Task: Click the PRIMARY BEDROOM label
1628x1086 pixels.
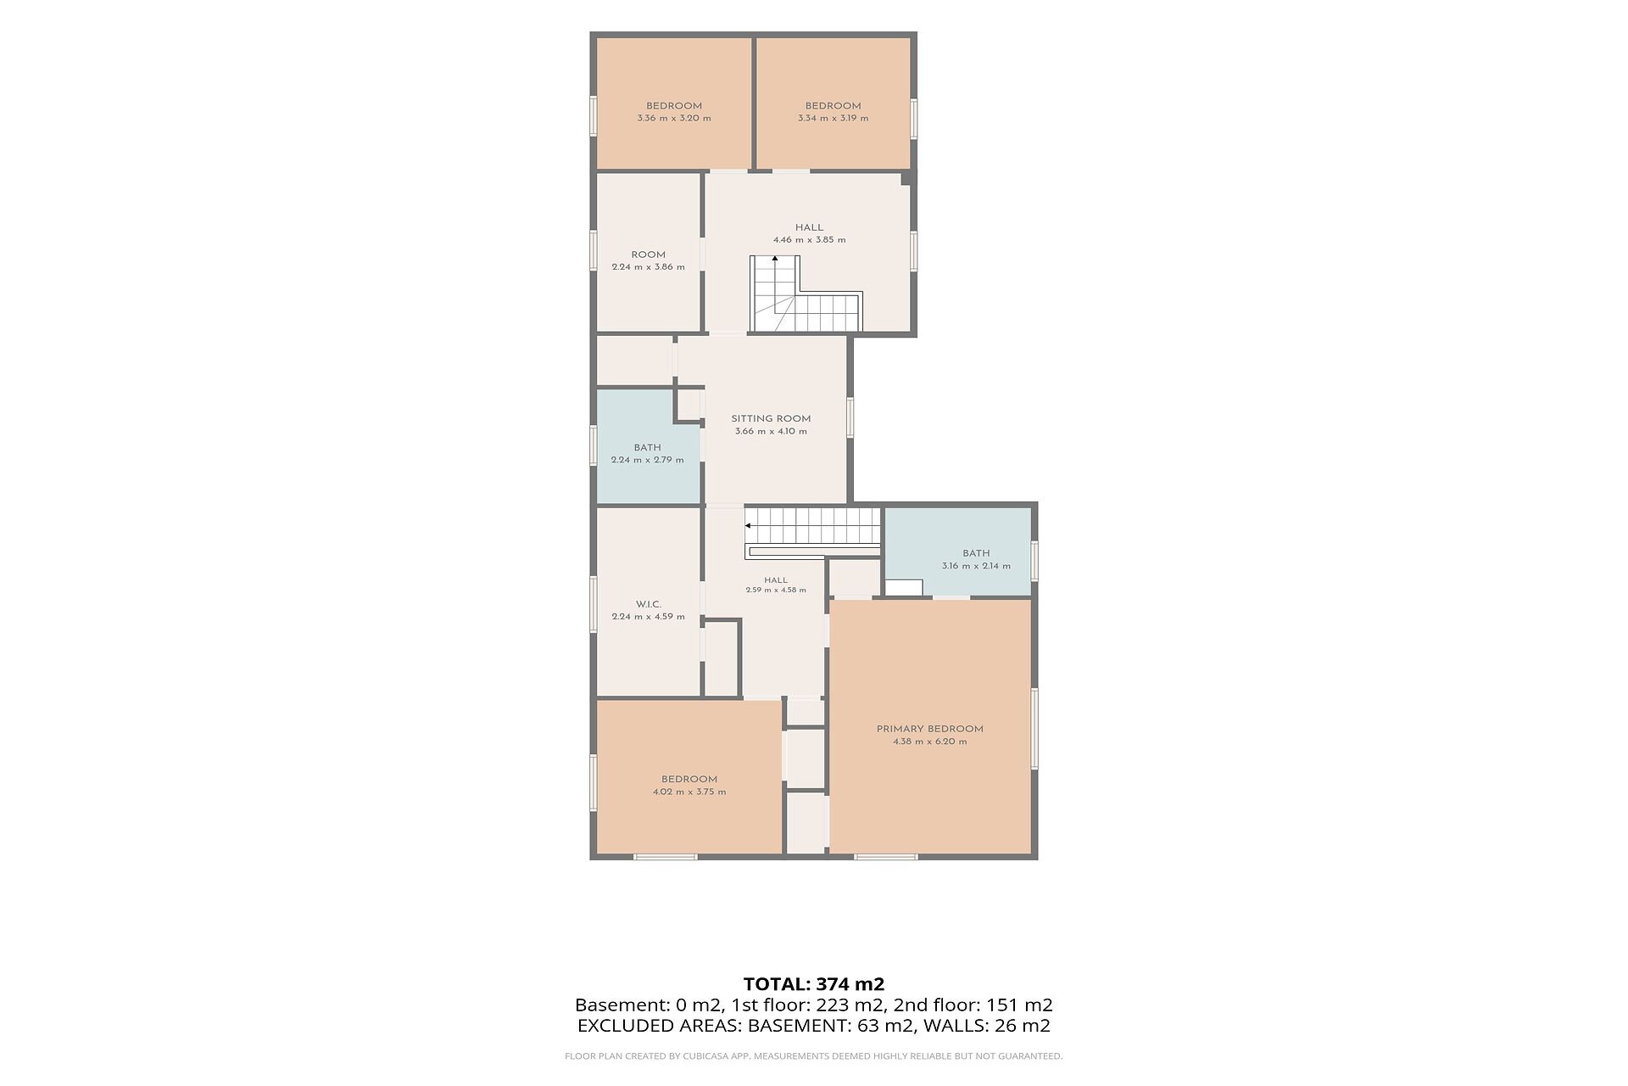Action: click(x=929, y=729)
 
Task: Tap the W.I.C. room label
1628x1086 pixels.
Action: click(x=648, y=604)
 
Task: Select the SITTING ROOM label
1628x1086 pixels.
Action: click(x=771, y=418)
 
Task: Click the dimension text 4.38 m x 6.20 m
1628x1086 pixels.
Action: click(x=929, y=742)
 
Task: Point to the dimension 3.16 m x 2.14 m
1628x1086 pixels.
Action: click(x=976, y=566)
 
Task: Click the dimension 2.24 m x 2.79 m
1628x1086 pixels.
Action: click(x=647, y=460)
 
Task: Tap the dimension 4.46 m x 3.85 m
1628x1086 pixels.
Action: click(x=809, y=240)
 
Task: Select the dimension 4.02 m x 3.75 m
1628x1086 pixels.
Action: click(x=689, y=792)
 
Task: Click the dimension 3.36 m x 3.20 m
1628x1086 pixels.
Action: click(x=674, y=119)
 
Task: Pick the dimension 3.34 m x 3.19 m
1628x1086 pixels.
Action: click(x=833, y=119)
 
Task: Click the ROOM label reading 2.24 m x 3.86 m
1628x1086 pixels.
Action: click(x=648, y=255)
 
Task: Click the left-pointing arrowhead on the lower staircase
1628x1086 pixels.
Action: click(x=748, y=526)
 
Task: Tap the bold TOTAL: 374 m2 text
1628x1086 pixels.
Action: click(x=814, y=984)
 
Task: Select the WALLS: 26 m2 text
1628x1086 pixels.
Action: click(x=987, y=1026)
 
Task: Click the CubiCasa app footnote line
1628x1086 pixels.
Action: click(x=814, y=1056)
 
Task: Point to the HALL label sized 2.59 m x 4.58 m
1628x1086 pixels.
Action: click(x=775, y=580)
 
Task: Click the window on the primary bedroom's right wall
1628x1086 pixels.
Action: click(x=1034, y=728)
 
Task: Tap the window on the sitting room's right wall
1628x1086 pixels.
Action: click(x=850, y=418)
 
